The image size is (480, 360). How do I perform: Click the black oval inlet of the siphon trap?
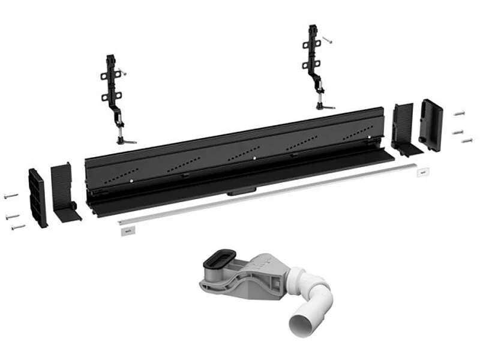(x=217, y=262)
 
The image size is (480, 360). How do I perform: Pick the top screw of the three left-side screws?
(x=11, y=196)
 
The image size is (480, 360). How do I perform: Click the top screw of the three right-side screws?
(x=460, y=113)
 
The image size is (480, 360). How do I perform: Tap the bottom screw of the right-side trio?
(x=467, y=140)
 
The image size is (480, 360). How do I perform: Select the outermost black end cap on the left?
(x=37, y=198)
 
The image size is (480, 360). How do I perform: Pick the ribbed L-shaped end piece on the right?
(x=403, y=128)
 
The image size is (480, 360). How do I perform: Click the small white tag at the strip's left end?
(x=126, y=230)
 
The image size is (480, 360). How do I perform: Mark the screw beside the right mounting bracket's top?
(x=327, y=40)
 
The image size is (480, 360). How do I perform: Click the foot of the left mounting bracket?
(x=127, y=140)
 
